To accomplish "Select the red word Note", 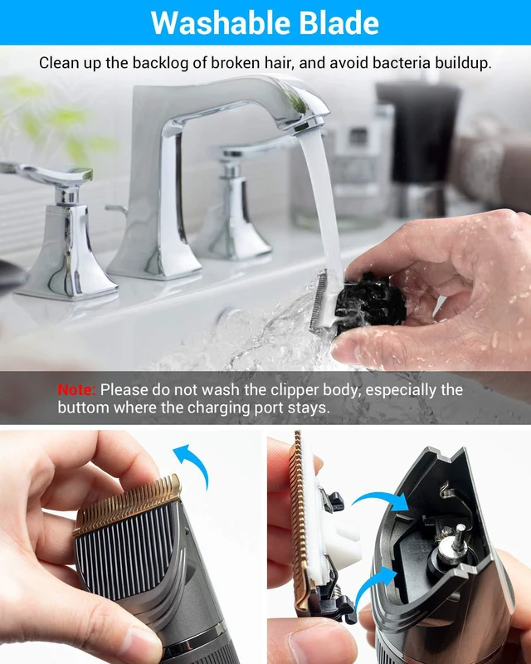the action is click(76, 389).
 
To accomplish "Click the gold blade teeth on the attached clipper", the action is click(127, 505).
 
